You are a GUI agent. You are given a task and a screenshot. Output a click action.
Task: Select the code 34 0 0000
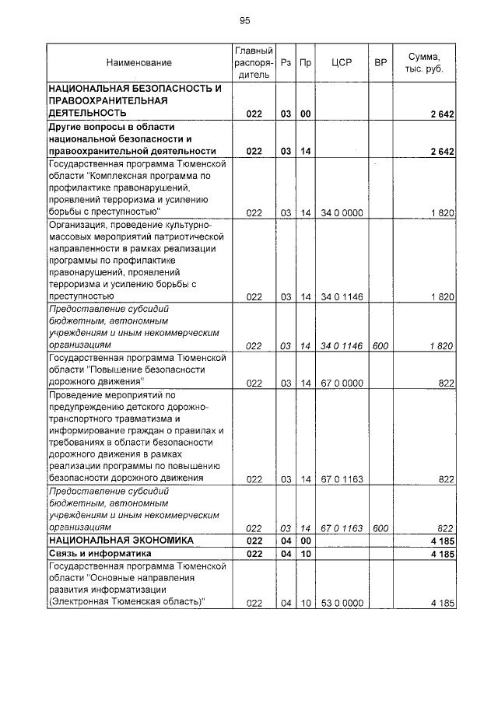(342, 212)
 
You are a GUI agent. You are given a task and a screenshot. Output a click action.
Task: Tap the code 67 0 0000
(342, 383)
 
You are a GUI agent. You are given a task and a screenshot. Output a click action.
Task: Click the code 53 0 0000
(342, 603)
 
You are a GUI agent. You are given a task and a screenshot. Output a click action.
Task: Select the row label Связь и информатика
(93, 552)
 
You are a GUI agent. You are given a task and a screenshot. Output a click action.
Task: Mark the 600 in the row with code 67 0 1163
(381, 528)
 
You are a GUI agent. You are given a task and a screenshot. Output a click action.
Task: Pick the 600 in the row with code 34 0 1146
(381, 345)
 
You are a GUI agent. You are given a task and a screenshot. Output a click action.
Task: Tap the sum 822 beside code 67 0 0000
(445, 383)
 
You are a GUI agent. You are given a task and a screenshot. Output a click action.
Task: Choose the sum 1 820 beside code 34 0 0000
(441, 212)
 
